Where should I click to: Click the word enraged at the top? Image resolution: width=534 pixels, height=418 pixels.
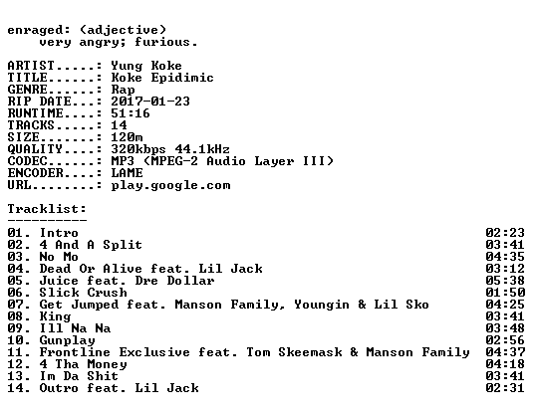click(35, 31)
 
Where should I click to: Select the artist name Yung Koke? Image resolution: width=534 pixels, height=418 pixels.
click(146, 66)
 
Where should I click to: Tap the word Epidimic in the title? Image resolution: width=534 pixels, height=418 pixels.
click(182, 79)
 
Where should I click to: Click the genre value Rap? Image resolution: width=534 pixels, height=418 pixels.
click(123, 91)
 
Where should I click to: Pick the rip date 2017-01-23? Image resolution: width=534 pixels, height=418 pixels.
click(150, 102)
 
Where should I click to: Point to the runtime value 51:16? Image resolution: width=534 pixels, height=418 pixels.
click(131, 113)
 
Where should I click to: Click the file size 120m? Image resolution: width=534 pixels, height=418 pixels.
click(127, 137)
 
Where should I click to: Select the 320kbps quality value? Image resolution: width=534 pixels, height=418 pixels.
click(138, 149)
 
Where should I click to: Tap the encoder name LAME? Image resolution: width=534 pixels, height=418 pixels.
click(127, 173)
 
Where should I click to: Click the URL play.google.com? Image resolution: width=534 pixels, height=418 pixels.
click(170, 186)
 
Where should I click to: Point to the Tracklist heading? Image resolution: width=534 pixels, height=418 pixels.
click(47, 208)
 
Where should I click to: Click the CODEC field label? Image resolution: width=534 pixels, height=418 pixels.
click(27, 161)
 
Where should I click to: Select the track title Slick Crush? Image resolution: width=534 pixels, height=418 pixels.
click(83, 293)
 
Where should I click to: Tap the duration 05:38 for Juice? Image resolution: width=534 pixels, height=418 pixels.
click(505, 281)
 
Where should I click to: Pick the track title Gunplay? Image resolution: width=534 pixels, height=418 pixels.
click(68, 340)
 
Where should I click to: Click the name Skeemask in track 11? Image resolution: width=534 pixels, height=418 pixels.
click(310, 352)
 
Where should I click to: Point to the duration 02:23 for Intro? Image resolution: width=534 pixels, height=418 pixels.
click(505, 233)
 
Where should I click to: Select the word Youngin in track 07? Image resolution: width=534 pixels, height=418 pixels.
click(322, 306)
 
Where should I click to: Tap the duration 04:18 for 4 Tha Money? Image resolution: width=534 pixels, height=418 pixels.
click(505, 364)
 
